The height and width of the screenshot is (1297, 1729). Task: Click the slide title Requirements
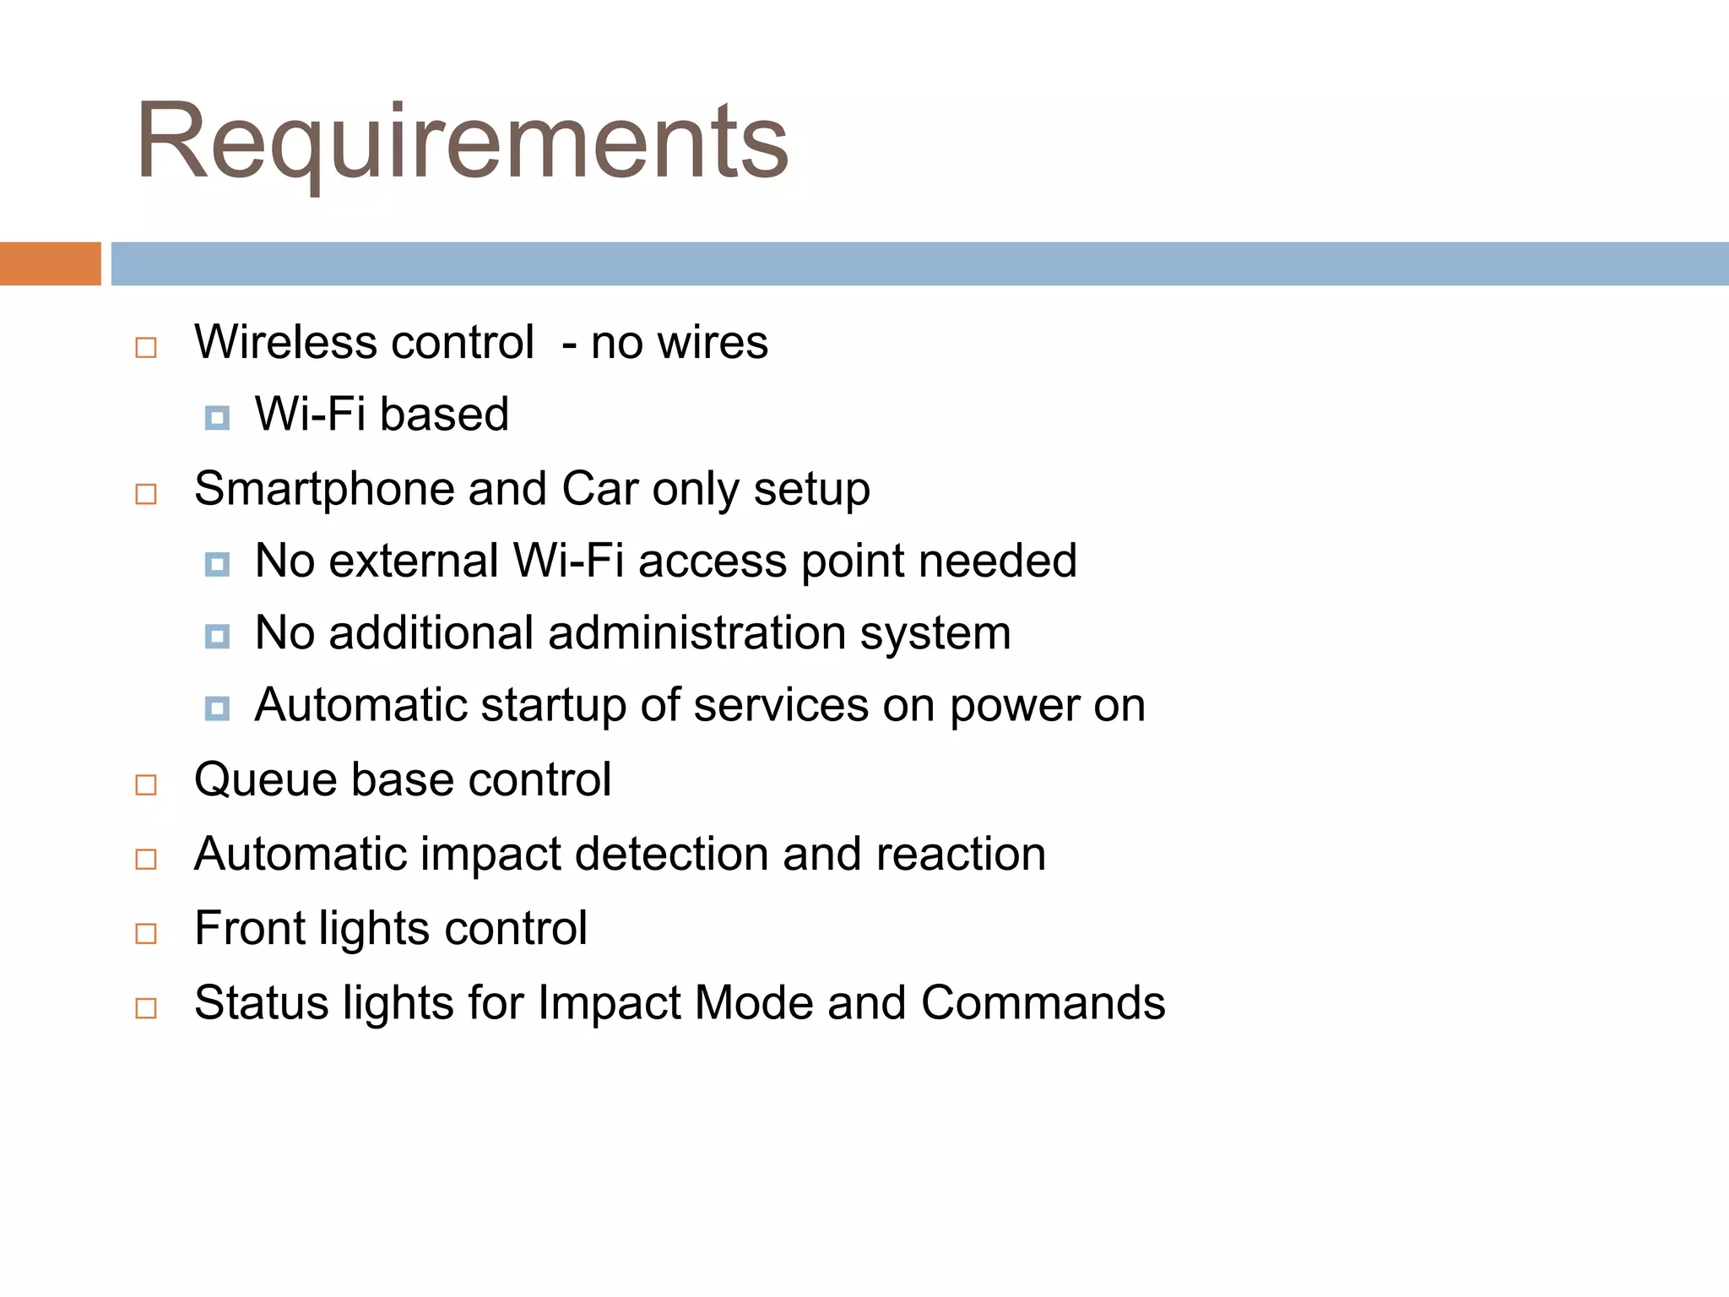click(x=462, y=141)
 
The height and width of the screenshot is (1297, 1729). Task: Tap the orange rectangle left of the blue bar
click(x=50, y=263)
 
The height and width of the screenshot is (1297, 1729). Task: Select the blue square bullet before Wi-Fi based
click(x=217, y=417)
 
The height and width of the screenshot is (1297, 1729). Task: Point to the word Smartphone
click(x=324, y=489)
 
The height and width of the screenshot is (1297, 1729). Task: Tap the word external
click(x=414, y=561)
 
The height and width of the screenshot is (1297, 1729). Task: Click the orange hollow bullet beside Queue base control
click(x=146, y=785)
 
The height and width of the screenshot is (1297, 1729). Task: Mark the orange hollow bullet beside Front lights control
click(x=146, y=934)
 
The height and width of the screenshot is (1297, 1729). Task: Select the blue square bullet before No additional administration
click(x=217, y=636)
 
